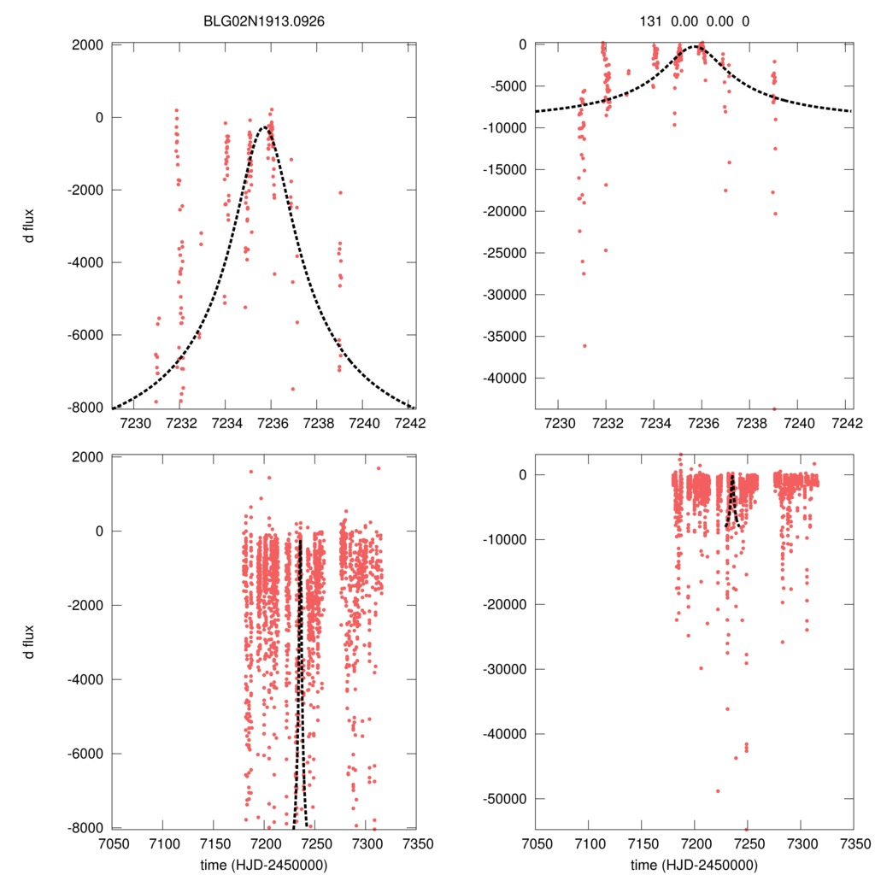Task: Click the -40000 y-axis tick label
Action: (505, 379)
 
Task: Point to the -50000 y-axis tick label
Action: (505, 799)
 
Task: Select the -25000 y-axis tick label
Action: (505, 253)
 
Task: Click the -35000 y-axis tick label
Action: (505, 337)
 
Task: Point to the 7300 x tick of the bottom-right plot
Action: (800, 843)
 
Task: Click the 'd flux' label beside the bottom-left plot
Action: (31, 641)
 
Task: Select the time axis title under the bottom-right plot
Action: (693, 864)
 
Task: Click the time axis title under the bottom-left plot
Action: (265, 864)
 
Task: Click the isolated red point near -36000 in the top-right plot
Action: (584, 345)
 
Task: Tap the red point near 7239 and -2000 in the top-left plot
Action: (340, 192)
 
